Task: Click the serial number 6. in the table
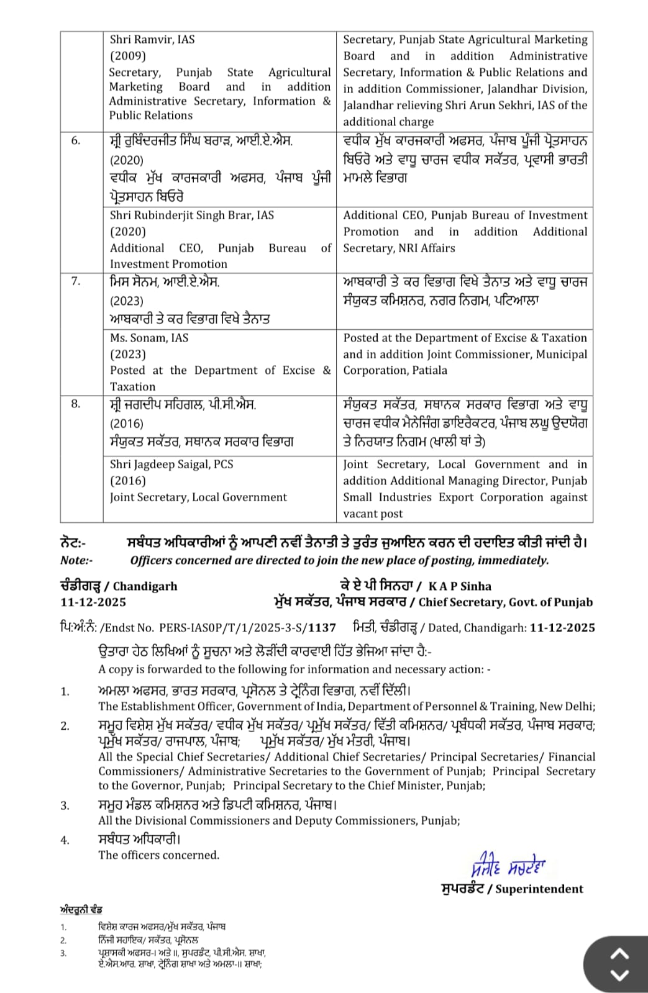(75, 141)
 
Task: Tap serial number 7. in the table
(75, 281)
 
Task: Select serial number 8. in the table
(75, 404)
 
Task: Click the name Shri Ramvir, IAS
(152, 40)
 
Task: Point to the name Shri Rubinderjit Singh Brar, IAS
(192, 215)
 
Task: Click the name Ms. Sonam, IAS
(149, 338)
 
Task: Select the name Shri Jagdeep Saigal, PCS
(171, 465)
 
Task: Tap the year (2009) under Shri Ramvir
(127, 56)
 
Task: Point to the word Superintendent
(539, 889)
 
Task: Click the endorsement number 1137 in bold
(322, 628)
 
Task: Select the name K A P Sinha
(460, 586)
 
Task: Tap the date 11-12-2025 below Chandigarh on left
(93, 602)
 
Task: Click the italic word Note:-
(76, 560)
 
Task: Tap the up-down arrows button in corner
(620, 964)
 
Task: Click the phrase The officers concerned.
(158, 855)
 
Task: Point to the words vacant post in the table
(373, 514)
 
